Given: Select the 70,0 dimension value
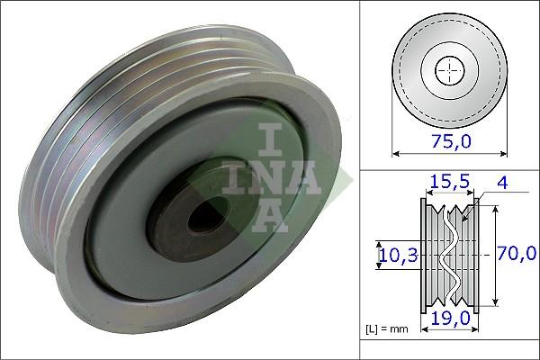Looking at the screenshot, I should point(517,255).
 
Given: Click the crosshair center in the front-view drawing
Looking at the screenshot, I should point(447,69).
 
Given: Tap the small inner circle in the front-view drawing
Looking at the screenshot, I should point(447,69).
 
